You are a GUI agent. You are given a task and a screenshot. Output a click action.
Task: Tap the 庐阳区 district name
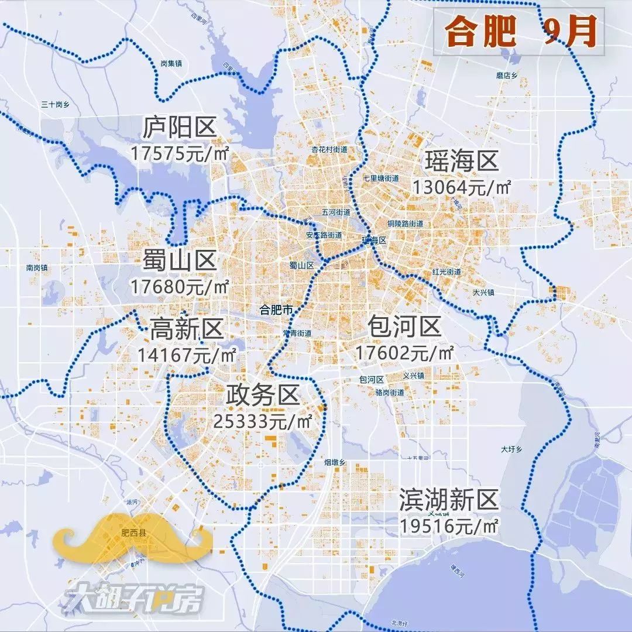pos(180,128)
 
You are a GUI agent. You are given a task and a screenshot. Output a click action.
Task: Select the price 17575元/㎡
pos(179,154)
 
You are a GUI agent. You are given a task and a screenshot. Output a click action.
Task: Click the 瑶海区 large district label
pos(462,161)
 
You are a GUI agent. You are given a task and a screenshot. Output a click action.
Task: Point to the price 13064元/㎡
pos(462,187)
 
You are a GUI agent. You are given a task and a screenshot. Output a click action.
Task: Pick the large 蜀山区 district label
pos(180,261)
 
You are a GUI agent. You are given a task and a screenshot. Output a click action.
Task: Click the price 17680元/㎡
pos(180,287)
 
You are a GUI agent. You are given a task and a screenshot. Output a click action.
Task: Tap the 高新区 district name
pos(187,329)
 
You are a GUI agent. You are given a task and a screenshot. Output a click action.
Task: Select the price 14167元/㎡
pos(187,355)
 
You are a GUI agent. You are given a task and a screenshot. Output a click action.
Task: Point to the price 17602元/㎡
pos(404,353)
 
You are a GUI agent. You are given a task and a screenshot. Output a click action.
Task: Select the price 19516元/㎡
pos(449,525)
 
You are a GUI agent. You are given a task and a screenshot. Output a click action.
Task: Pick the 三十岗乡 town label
pos(56,104)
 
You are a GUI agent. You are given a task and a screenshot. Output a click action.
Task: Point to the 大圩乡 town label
pos(511,449)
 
